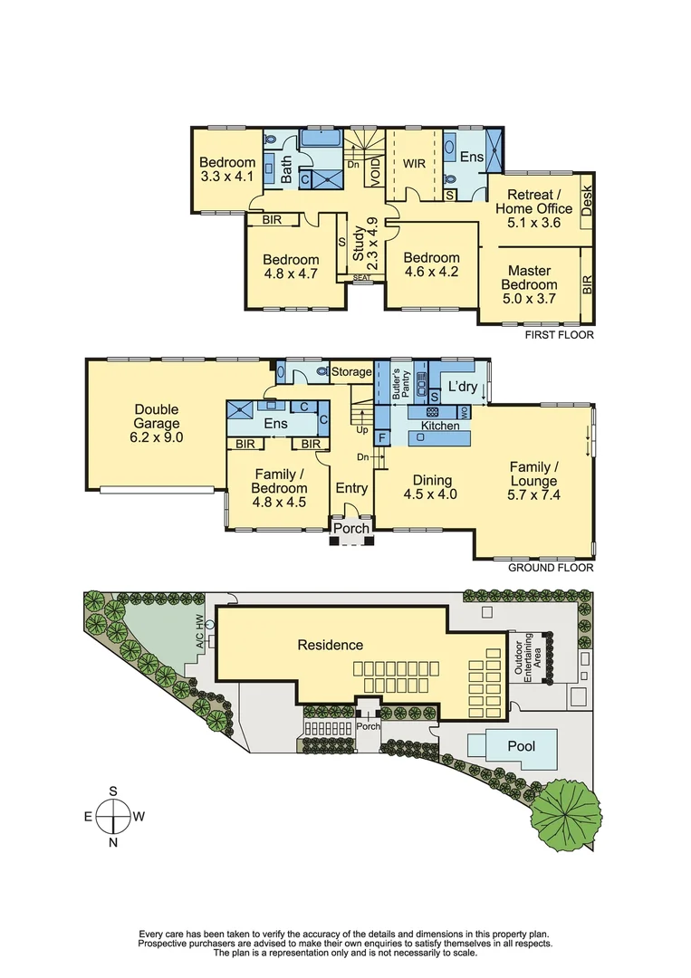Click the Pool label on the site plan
click(520, 747)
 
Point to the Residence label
click(331, 645)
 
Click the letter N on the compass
click(113, 843)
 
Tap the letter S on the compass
click(113, 791)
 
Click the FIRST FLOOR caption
click(560, 335)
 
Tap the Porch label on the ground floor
click(351, 529)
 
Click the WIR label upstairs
click(414, 164)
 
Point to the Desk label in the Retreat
click(587, 200)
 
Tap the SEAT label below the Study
click(361, 278)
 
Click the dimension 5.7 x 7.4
click(532, 494)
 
